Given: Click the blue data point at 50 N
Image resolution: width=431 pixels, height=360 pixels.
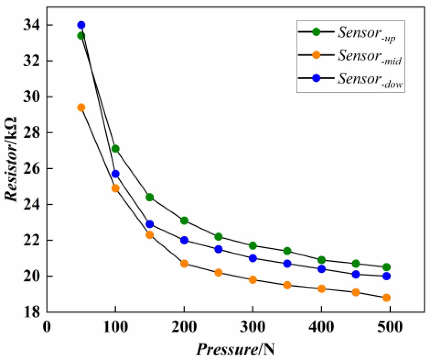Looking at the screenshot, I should [x=81, y=25].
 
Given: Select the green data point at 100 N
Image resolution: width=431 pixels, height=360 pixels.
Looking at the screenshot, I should [x=115, y=149].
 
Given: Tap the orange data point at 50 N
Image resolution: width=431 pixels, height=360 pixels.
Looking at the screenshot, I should [x=81, y=108].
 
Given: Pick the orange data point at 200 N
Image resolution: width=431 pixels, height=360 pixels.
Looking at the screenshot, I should [x=184, y=263].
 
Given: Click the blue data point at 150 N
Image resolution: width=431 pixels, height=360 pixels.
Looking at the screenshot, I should [x=150, y=224].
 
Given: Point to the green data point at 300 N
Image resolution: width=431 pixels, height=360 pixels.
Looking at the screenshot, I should [x=253, y=246].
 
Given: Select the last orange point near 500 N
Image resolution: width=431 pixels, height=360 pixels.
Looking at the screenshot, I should [x=386, y=298].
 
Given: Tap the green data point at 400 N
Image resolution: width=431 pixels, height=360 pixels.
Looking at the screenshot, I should [x=321, y=260].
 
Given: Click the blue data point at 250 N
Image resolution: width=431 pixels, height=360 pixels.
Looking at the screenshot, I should [x=219, y=249].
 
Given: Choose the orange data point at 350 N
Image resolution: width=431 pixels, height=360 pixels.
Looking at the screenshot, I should [x=287, y=285].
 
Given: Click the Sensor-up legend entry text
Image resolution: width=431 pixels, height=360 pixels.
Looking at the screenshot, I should [x=366, y=33].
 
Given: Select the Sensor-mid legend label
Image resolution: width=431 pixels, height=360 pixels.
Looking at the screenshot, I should [x=369, y=56].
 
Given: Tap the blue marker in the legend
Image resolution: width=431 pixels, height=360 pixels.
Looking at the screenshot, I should [x=316, y=78].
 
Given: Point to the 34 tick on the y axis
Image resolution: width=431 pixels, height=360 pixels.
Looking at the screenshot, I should [x=31, y=25].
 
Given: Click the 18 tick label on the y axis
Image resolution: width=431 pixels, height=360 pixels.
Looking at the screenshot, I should [x=31, y=312].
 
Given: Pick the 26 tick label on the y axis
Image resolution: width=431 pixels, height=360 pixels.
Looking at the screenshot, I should [x=31, y=169].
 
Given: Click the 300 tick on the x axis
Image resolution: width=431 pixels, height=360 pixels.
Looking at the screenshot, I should [x=253, y=327].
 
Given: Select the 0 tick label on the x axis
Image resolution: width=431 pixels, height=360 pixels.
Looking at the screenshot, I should [x=47, y=327].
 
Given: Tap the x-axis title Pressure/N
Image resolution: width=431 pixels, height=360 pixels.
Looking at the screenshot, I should [x=235, y=349].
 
